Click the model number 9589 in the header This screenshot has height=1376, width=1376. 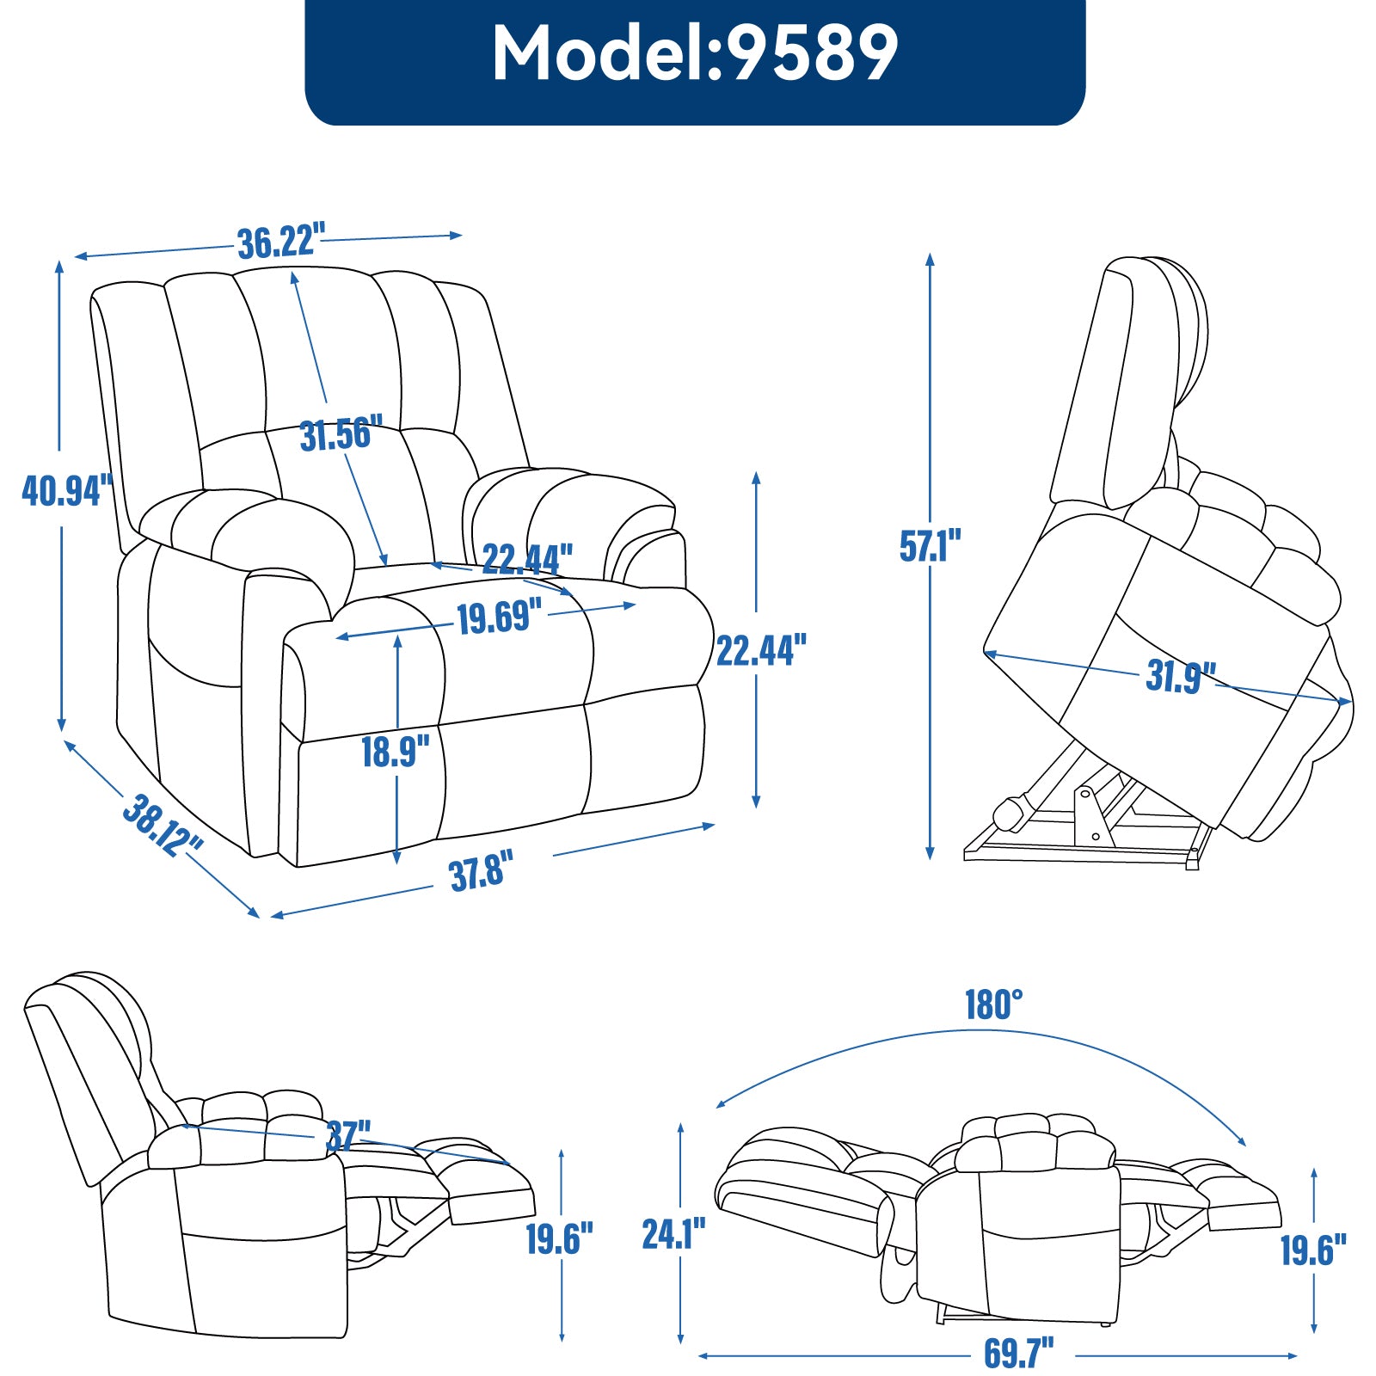pyautogui.click(x=813, y=53)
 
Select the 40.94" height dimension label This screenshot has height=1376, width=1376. pyautogui.click(x=67, y=490)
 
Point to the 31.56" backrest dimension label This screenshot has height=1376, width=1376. pyautogui.click(x=341, y=434)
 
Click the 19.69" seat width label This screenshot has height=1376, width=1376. pyautogui.click(x=499, y=618)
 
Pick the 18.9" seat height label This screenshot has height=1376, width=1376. pyautogui.click(x=395, y=752)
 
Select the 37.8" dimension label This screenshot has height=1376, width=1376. pyautogui.click(x=482, y=873)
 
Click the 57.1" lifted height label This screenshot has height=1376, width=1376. pyautogui.click(x=930, y=546)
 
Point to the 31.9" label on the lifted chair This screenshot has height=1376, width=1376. pyautogui.click(x=1181, y=677)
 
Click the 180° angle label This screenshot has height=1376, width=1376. pyautogui.click(x=993, y=1004)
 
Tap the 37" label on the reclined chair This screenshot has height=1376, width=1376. pyautogui.click(x=348, y=1136)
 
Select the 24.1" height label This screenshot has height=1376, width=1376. pyautogui.click(x=673, y=1234)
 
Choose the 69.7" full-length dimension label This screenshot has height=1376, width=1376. pyautogui.click(x=1018, y=1353)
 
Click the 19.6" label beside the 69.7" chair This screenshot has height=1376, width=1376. pyautogui.click(x=1313, y=1250)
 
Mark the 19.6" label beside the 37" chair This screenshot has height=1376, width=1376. pyautogui.click(x=559, y=1239)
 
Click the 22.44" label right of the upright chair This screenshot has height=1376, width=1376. pyautogui.click(x=761, y=651)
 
